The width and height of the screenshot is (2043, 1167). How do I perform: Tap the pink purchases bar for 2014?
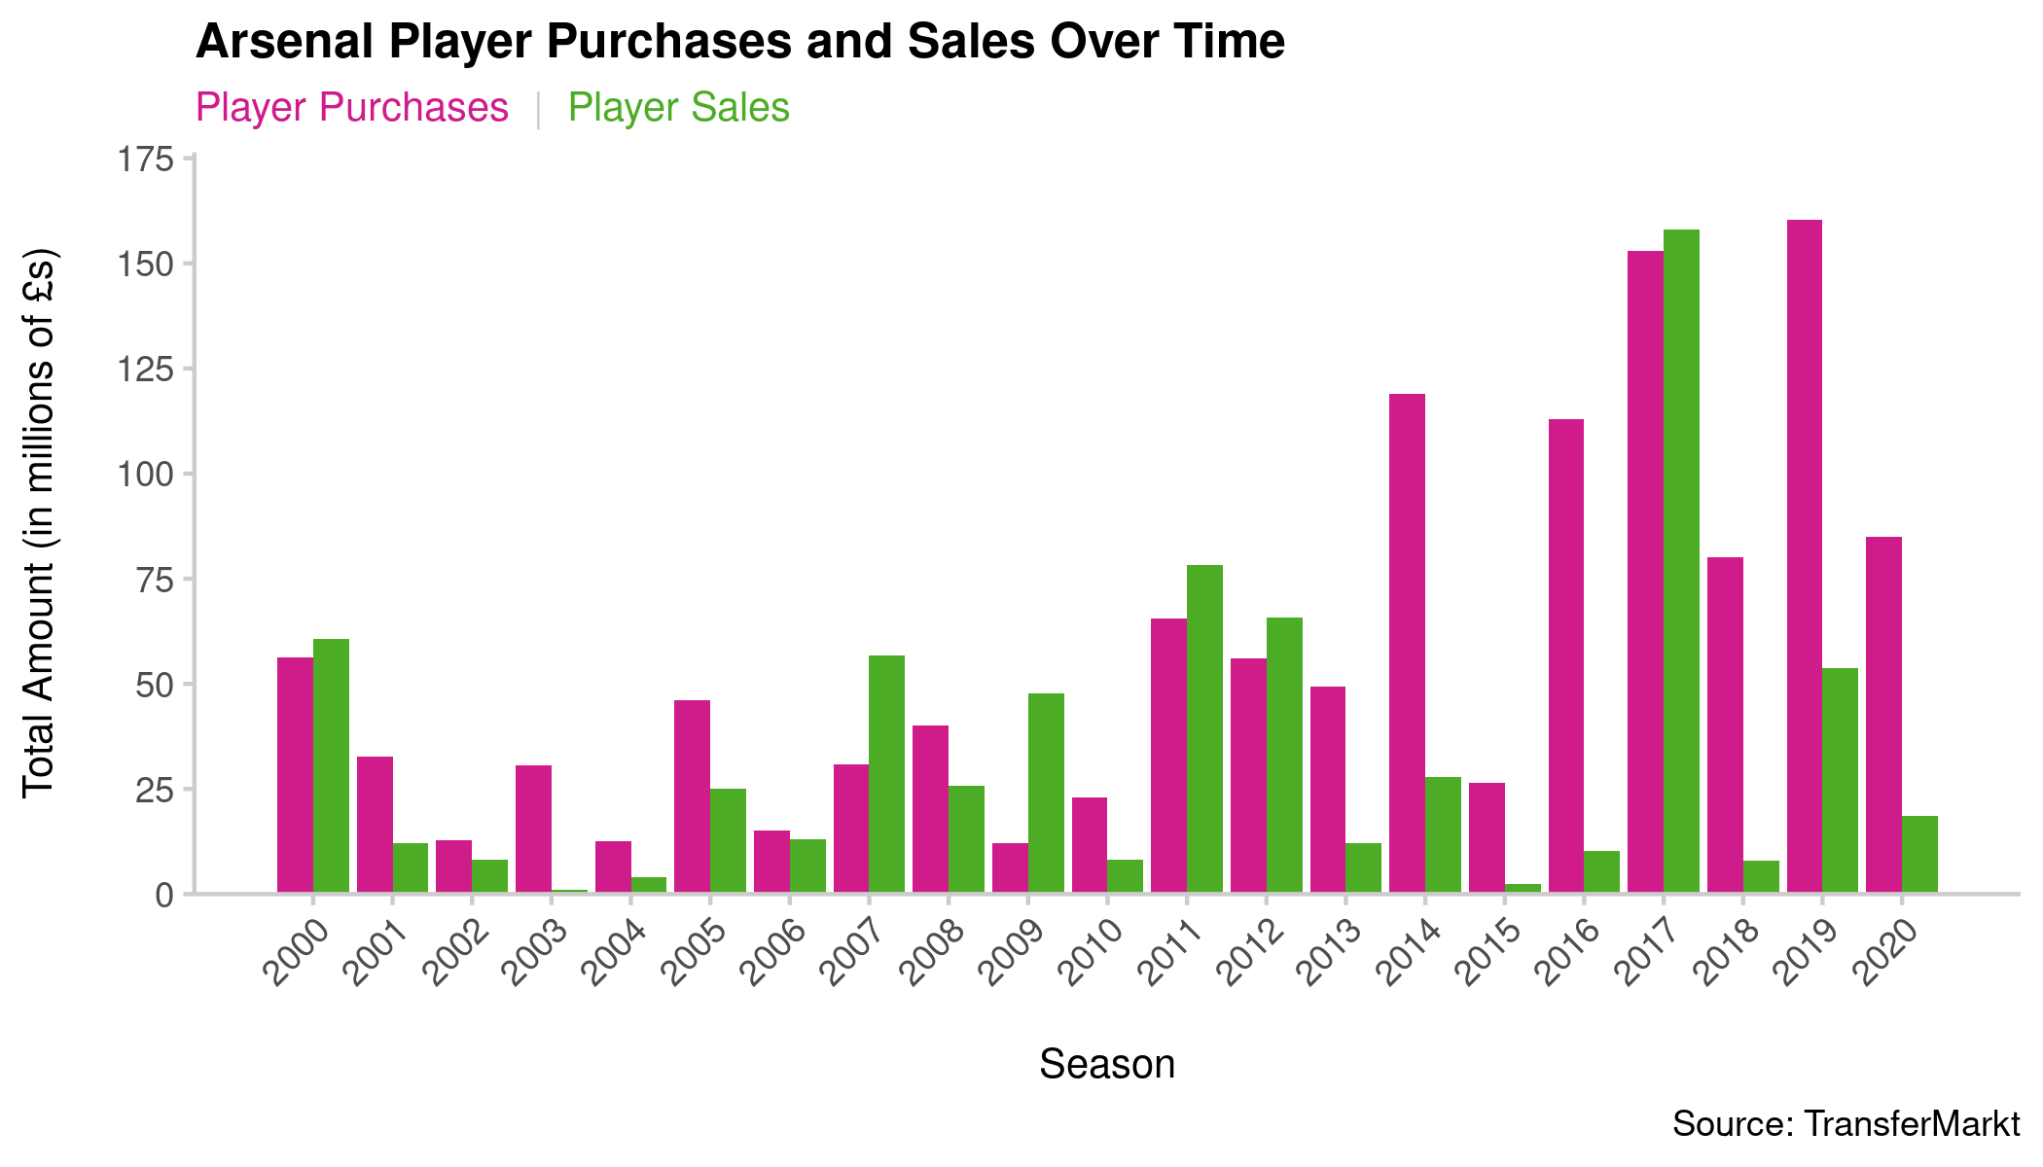(1407, 643)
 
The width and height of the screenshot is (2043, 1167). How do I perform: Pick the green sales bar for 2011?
(1204, 728)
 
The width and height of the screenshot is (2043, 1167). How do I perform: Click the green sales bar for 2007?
(886, 774)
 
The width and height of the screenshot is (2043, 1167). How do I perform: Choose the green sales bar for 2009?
(1046, 793)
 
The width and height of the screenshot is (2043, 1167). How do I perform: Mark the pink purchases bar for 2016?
(1566, 655)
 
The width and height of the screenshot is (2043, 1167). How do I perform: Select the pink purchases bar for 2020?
(1883, 715)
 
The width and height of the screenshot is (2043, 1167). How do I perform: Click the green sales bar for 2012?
(1284, 755)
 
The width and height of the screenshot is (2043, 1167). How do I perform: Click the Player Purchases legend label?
(351, 108)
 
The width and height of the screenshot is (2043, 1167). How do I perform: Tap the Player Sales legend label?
(678, 108)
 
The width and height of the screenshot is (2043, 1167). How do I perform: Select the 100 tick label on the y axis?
(145, 475)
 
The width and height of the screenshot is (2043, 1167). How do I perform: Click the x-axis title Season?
(1107, 1064)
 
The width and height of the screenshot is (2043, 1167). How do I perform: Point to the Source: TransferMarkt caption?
(1846, 1124)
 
